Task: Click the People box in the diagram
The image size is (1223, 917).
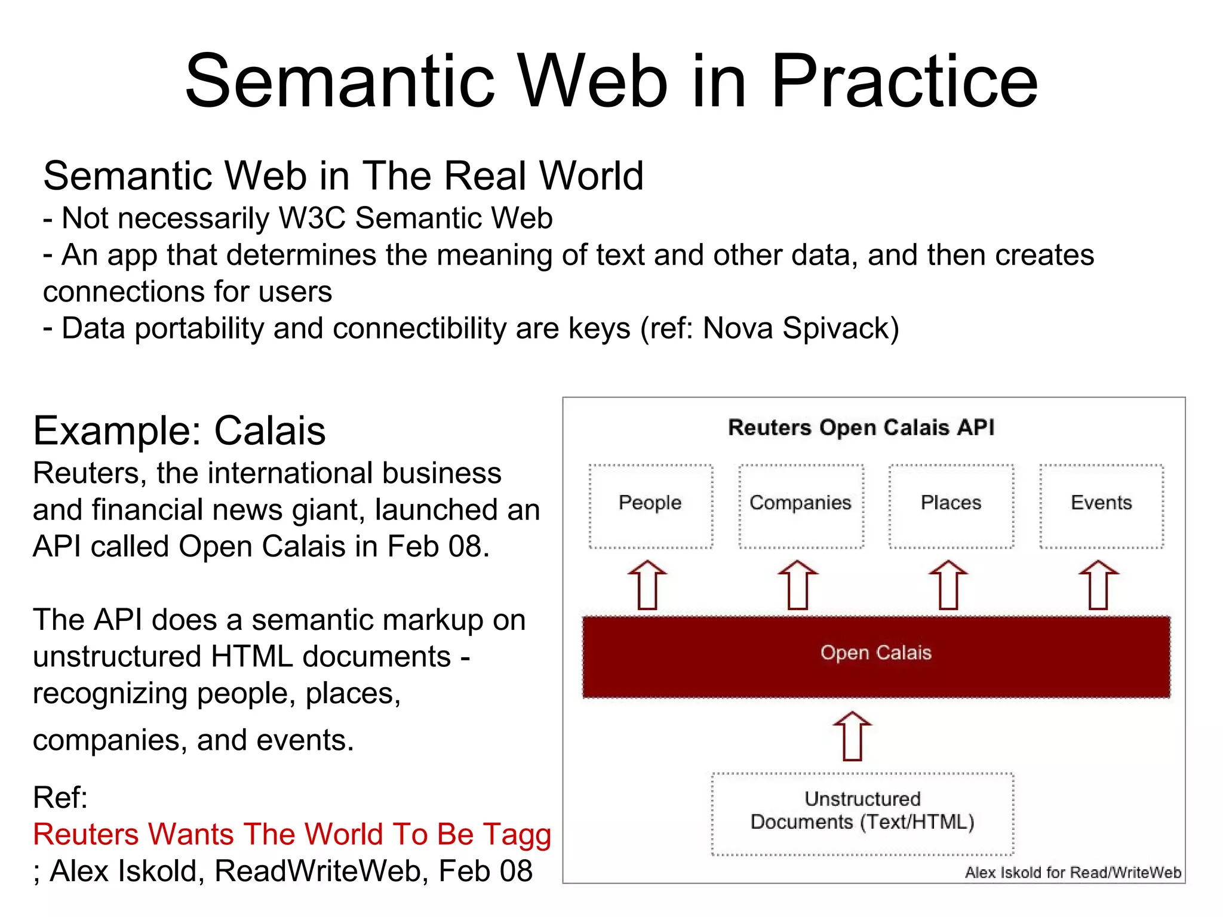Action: [x=650, y=505]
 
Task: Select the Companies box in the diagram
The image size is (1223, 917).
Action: [x=800, y=505]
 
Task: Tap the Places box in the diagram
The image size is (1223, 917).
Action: [x=951, y=505]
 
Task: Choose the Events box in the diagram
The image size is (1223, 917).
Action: [x=1101, y=505]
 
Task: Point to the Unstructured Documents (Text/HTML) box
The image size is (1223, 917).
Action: [x=862, y=813]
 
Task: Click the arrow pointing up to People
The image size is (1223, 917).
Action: [x=647, y=585]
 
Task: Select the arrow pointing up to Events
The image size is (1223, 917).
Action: [x=1099, y=585]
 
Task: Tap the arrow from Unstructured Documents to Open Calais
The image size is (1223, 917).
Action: [x=852, y=736]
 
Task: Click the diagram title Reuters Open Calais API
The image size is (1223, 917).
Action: [x=861, y=427]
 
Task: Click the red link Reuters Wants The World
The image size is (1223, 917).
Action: [x=291, y=835]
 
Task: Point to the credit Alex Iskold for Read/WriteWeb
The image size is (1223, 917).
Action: [x=1073, y=872]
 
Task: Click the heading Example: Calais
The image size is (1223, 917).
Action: [x=179, y=431]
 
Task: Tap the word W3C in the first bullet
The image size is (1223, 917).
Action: [x=312, y=218]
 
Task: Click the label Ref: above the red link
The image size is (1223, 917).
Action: [x=60, y=798]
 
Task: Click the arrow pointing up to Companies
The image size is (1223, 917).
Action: [x=798, y=585]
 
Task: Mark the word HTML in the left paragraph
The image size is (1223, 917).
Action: [x=252, y=657]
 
